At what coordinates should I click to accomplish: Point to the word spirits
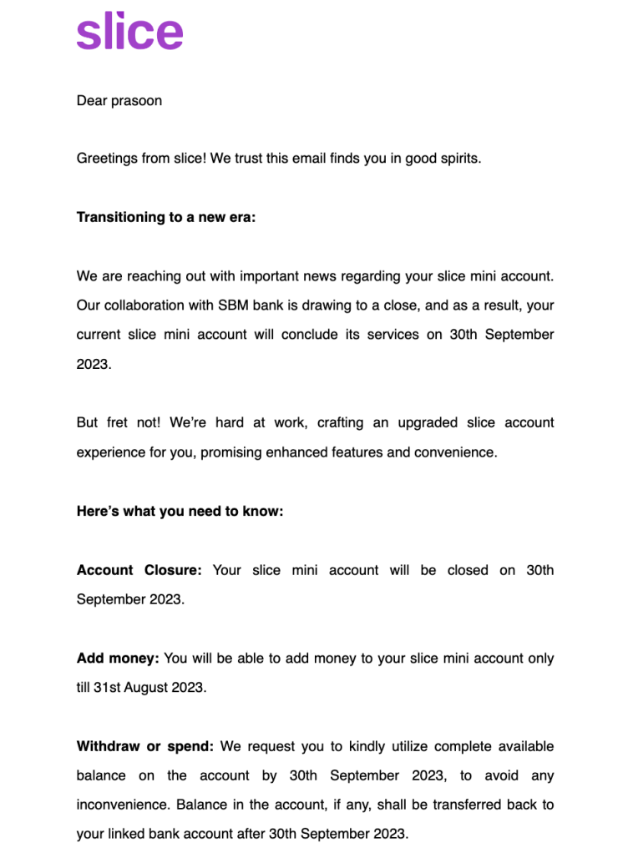tap(458, 159)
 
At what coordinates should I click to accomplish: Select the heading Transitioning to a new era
tap(166, 217)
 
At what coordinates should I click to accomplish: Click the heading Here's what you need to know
tap(180, 511)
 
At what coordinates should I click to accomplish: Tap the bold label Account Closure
tap(139, 570)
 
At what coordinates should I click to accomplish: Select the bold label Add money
tap(118, 659)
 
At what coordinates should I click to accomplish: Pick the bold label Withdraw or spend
tap(145, 746)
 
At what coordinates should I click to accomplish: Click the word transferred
tap(452, 805)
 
